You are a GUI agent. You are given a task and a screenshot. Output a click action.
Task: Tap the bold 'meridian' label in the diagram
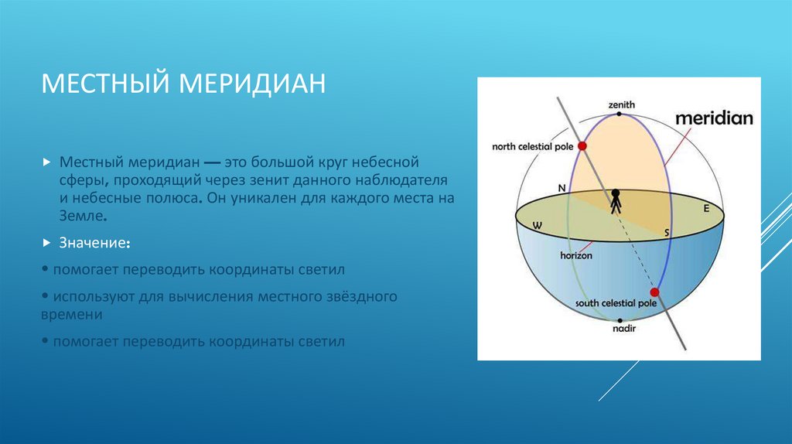point(714,118)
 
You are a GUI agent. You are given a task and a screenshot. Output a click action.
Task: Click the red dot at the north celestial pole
point(582,145)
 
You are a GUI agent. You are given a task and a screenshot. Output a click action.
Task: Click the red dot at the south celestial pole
point(654,292)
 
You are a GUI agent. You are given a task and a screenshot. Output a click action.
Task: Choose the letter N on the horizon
point(562,188)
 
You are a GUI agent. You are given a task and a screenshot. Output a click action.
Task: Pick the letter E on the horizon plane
point(705,208)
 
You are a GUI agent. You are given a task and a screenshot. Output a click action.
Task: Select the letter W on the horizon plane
point(534,226)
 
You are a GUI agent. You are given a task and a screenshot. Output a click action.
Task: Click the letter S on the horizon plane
point(666,232)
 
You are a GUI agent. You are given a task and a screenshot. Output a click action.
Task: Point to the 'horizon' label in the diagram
point(576,254)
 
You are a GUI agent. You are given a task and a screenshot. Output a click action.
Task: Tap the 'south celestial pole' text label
point(616,304)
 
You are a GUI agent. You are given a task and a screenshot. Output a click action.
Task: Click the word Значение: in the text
point(94,243)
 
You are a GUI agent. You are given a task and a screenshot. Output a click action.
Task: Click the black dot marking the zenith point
point(620,114)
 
